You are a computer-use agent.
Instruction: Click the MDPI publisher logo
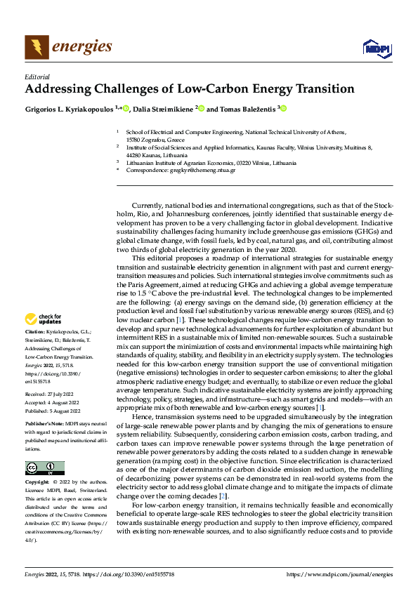click(x=375, y=47)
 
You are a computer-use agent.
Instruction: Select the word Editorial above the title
click(x=37, y=77)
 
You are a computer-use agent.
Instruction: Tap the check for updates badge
click(x=46, y=319)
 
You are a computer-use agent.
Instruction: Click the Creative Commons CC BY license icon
click(x=45, y=468)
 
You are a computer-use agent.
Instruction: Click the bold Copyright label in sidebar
click(x=38, y=484)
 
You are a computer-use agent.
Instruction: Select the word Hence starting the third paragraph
click(x=143, y=417)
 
